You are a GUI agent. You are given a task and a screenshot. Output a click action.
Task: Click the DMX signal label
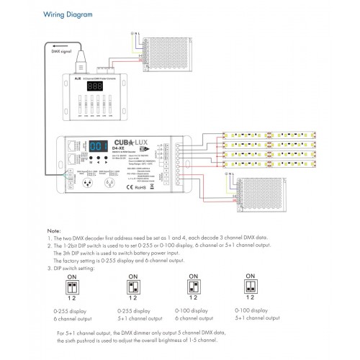pos(60,51)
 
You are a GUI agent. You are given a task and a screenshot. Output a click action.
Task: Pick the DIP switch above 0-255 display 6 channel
pos(72,287)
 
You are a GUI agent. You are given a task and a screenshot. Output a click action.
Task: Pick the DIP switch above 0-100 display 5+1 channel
pos(251,287)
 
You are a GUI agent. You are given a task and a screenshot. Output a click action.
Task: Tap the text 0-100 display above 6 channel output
pos(192,310)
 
